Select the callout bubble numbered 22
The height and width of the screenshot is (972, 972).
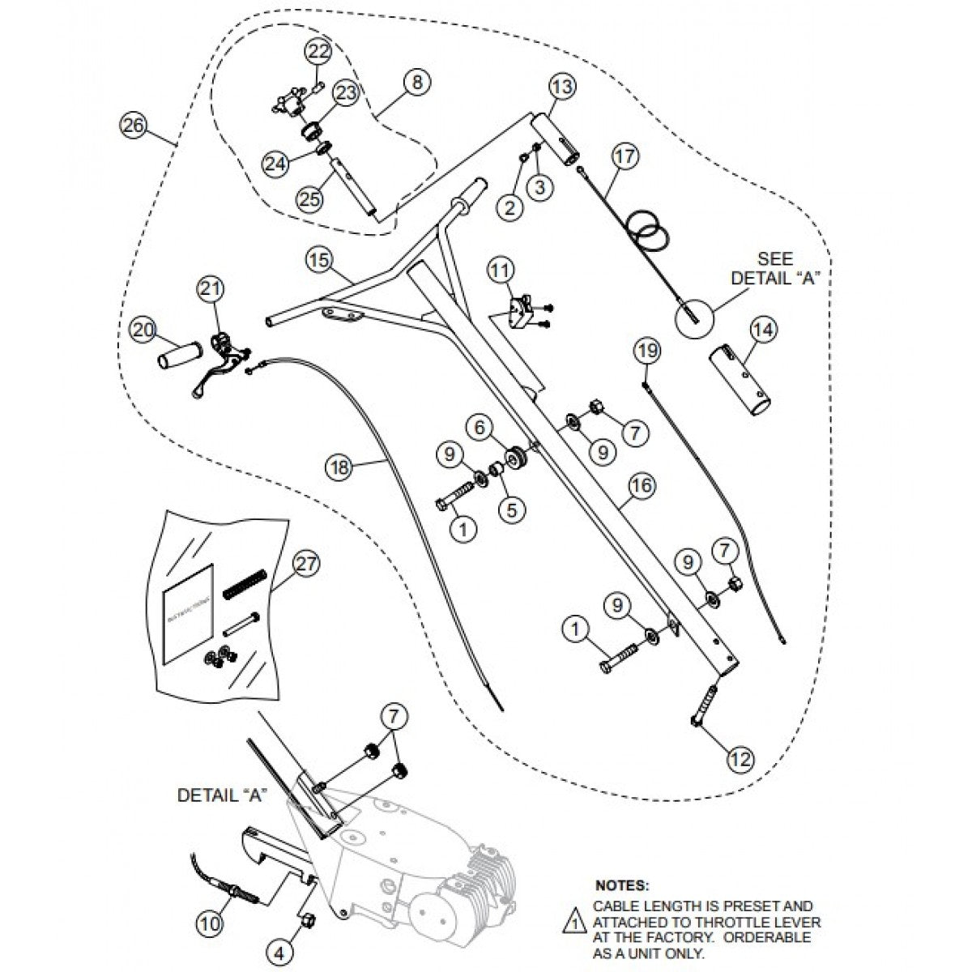tap(318, 52)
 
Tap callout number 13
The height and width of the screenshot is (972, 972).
tap(562, 86)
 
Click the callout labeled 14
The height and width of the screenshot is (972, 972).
tap(763, 330)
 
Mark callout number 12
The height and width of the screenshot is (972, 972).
tap(740, 759)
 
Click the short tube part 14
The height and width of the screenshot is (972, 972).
tap(742, 379)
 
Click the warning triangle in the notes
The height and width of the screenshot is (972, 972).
tap(573, 923)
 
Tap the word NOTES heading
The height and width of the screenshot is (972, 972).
tap(622, 886)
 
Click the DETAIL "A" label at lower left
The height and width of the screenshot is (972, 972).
tap(222, 795)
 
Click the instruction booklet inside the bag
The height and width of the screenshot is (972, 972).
tap(188, 615)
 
